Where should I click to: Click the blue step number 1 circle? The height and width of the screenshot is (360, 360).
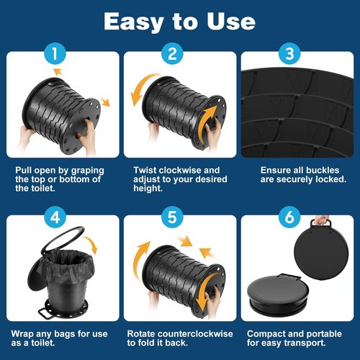point(55,53)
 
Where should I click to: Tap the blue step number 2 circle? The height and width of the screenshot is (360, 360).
point(172,53)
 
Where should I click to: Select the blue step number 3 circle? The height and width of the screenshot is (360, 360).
point(289,53)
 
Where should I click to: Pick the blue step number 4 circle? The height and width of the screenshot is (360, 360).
point(55,217)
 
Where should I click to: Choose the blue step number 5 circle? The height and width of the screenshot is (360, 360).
point(172,217)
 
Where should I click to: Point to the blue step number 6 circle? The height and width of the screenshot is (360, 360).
point(289,217)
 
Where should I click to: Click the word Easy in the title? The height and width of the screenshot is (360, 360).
point(134,22)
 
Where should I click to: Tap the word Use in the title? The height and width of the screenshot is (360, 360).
point(231,22)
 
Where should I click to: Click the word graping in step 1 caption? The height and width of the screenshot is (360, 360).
point(88,171)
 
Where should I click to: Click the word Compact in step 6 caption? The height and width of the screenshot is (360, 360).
point(264,334)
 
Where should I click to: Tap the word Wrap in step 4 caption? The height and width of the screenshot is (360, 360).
point(22,334)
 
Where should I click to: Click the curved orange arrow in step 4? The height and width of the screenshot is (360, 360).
point(91,243)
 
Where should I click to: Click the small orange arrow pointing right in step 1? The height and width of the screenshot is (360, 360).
point(105,102)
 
